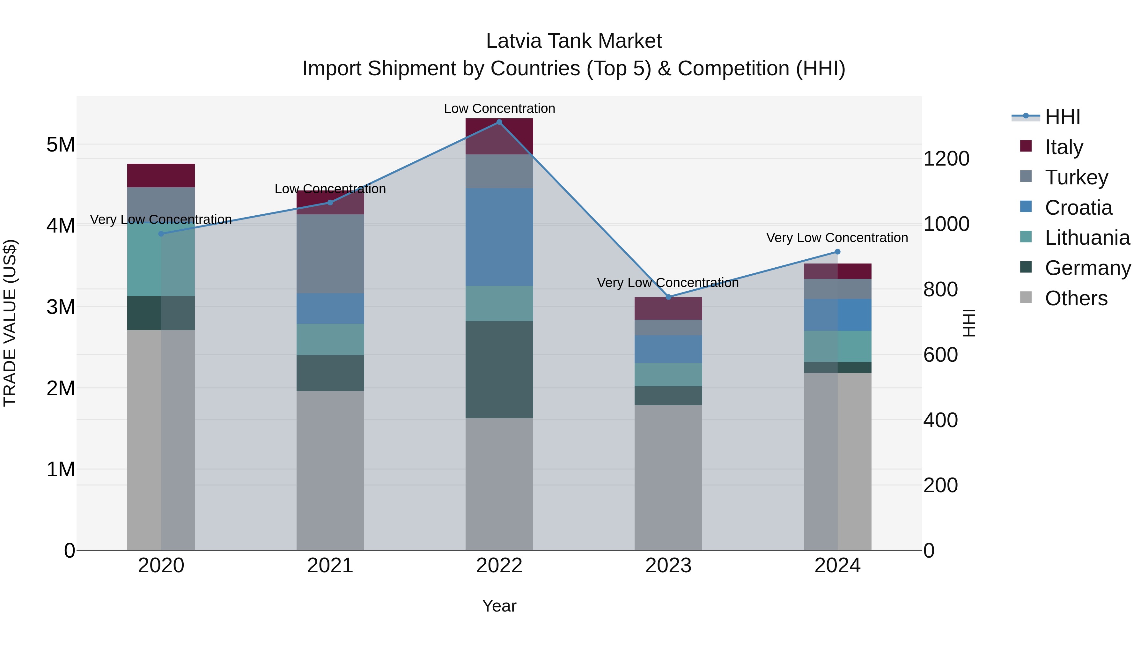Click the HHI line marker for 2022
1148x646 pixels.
coord(499,122)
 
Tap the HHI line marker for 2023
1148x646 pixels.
coord(668,297)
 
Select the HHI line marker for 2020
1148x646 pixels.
coord(161,234)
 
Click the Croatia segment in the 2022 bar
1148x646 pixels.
coord(499,237)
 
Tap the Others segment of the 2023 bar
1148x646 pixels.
coord(668,477)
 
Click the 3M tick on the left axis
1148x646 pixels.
coord(61,307)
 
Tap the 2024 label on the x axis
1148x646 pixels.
coord(837,566)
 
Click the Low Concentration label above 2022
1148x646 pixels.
coord(499,108)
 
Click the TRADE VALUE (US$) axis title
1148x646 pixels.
coord(10,323)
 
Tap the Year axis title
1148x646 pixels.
coord(499,606)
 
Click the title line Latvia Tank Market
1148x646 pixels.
coord(574,41)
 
